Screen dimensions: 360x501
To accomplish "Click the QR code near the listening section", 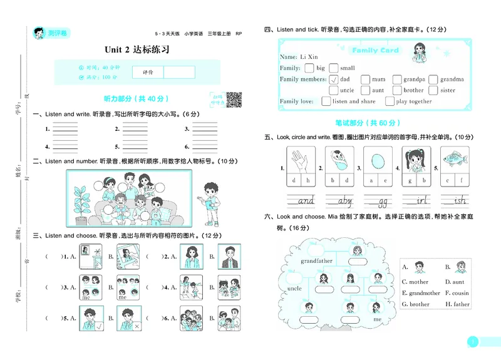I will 234,99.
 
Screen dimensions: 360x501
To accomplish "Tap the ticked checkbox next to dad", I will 333,80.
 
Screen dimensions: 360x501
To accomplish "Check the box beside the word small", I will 333,68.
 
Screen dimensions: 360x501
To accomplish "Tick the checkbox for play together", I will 389,101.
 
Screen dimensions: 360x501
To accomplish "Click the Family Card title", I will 375,50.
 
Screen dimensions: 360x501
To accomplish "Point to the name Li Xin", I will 308,57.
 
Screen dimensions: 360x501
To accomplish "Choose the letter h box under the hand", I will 308,181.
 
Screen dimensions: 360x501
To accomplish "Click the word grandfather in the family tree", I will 316,260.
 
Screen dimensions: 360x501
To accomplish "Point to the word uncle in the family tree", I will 295,289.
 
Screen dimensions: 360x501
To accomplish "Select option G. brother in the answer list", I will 416,304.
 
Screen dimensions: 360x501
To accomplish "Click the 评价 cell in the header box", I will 148,72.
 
